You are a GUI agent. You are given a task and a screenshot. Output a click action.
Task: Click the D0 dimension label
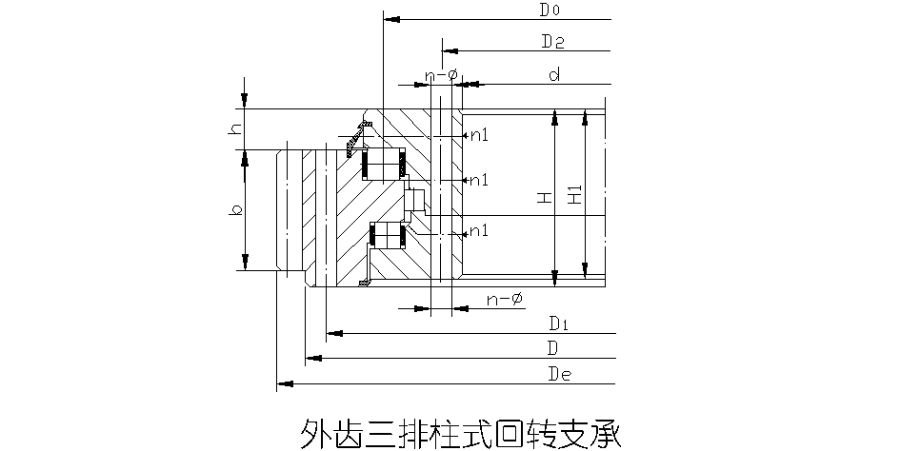[x=550, y=11]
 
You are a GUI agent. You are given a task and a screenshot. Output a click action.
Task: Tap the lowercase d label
[x=552, y=73]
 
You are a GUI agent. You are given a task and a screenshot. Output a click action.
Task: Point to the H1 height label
[x=574, y=197]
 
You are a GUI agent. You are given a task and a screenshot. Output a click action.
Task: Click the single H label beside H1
[x=543, y=198]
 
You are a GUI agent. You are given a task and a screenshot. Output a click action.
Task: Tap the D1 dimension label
[x=557, y=324]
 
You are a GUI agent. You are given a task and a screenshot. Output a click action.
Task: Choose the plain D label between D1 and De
[x=552, y=348]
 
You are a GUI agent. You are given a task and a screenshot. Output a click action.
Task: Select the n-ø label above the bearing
[x=440, y=73]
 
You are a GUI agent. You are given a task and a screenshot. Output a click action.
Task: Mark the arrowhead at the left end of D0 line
[x=389, y=18]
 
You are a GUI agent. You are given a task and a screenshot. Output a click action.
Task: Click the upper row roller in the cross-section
[x=386, y=164]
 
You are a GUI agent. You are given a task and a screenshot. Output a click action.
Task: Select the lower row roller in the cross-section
[x=388, y=236]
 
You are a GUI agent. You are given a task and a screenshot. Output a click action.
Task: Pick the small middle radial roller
[x=416, y=201]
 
